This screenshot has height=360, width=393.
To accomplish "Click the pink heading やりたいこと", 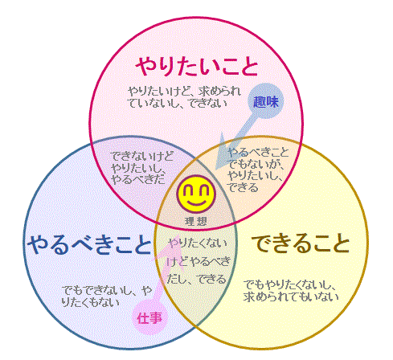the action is pyautogui.click(x=197, y=66).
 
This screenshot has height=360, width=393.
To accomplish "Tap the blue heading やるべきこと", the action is pyautogui.click(x=90, y=244).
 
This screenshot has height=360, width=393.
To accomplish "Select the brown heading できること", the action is pyautogui.click(x=301, y=243).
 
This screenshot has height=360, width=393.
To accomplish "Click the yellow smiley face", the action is pyautogui.click(x=196, y=194).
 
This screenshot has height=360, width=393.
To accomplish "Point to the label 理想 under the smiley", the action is pyautogui.click(x=196, y=221).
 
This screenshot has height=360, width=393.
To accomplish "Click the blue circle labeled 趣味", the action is pyautogui.click(x=265, y=101).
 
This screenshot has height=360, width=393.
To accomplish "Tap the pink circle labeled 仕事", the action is pyautogui.click(x=149, y=318).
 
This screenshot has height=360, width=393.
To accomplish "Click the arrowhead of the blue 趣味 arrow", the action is pyautogui.click(x=222, y=155).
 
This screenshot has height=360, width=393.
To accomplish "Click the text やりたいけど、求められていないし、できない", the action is pyautogui.click(x=184, y=97).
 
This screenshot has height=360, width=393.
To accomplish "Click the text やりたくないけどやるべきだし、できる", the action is pyautogui.click(x=199, y=261).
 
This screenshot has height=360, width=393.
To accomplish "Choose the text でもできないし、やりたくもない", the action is pyautogui.click(x=107, y=297).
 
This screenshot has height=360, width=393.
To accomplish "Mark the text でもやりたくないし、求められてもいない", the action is pyautogui.click(x=291, y=290).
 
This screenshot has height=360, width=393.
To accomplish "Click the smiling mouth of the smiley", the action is pyautogui.click(x=196, y=202).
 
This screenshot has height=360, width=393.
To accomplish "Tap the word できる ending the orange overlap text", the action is pyautogui.click(x=244, y=187).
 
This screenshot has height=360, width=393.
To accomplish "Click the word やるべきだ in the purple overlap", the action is pyautogui.click(x=138, y=179).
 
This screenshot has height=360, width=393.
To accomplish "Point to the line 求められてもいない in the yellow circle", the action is pyautogui.click(x=291, y=297).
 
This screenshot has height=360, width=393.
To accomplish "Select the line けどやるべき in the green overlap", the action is pyautogui.click(x=199, y=261).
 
